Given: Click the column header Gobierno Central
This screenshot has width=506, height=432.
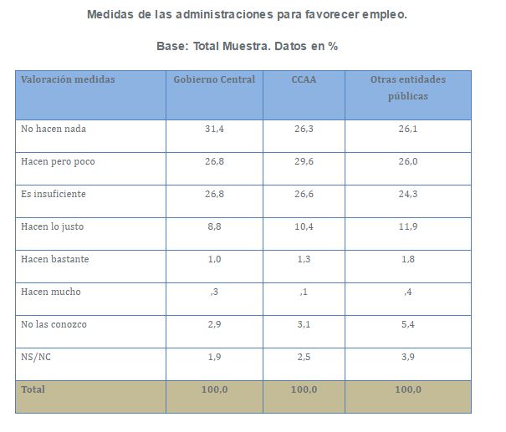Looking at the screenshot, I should (x=214, y=79).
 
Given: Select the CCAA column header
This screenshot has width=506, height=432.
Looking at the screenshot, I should (x=304, y=79).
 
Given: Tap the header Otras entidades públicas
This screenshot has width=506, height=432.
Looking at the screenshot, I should (x=407, y=88).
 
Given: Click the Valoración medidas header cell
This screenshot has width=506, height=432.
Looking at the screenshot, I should (x=68, y=79).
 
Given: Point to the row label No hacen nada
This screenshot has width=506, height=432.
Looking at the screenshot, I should (x=54, y=129).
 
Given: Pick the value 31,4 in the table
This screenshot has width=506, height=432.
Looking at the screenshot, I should (x=214, y=129).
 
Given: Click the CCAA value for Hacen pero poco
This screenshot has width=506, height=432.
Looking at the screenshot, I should (x=304, y=161).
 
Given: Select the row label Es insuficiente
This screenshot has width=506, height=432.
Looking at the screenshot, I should (x=54, y=194).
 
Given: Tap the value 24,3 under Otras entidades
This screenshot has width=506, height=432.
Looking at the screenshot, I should (x=407, y=194).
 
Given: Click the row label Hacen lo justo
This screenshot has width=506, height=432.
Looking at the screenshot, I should (x=52, y=226).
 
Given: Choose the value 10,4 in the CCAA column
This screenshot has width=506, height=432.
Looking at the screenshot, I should (x=304, y=226).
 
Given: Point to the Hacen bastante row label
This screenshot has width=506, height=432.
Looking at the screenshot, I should (x=54, y=259).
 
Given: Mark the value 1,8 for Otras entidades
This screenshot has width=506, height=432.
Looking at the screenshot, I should (x=407, y=259).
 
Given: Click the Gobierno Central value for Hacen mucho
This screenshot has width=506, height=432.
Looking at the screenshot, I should (x=214, y=292).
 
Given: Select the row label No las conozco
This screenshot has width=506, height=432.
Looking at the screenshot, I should (x=54, y=324).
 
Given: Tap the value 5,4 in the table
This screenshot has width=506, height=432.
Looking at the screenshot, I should (x=407, y=324).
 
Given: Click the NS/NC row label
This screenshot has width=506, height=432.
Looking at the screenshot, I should (x=36, y=357).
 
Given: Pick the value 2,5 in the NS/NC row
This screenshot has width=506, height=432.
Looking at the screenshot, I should (x=304, y=357).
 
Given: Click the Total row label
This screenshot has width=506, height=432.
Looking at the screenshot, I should (x=33, y=389).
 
